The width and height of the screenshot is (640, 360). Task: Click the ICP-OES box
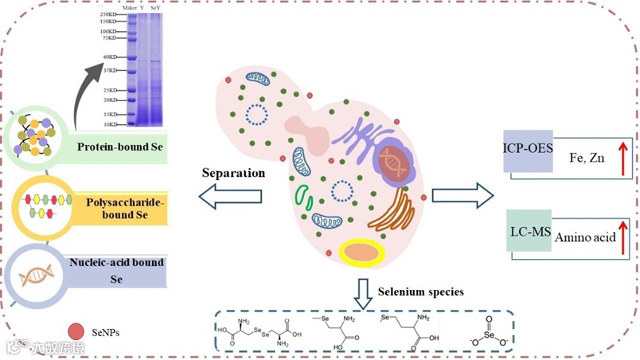[528, 148]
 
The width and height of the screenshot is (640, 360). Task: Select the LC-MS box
[528, 230]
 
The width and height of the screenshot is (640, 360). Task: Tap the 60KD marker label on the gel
[110, 57]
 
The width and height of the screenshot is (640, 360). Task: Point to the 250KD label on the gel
[109, 14]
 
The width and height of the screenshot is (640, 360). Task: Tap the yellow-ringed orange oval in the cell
[361, 252]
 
